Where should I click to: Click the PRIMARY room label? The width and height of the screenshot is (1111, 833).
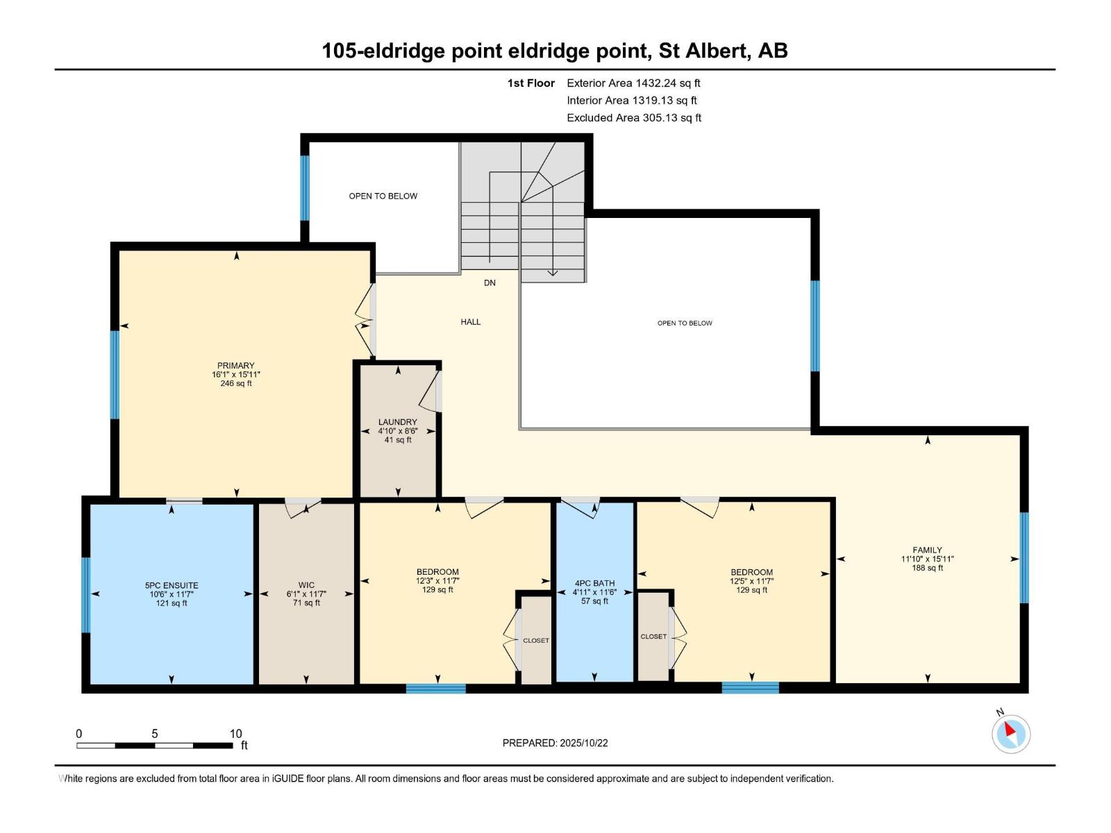point(236,365)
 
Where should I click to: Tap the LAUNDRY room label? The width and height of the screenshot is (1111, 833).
point(398,422)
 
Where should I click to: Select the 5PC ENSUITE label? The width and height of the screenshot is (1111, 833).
point(172,585)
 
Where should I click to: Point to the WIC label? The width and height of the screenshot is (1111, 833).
point(306,585)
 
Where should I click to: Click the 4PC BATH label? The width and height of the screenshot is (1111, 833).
point(594,584)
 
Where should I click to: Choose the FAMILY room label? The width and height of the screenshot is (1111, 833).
point(927,550)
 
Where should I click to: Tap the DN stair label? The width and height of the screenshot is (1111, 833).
point(490,283)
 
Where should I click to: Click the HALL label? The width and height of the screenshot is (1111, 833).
point(470,322)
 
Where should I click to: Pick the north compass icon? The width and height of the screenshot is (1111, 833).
point(1010,733)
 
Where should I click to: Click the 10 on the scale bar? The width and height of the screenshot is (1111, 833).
point(236,734)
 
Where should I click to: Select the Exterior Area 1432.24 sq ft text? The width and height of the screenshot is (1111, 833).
point(633,83)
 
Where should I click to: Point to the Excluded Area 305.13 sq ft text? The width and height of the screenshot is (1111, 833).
point(633,118)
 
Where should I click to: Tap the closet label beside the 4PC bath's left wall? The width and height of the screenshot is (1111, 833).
point(535,641)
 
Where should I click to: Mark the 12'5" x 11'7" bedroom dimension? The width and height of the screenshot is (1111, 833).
point(751,581)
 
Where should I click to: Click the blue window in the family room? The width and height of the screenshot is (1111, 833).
point(1024,557)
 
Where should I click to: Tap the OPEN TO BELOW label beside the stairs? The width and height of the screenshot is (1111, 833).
point(383,196)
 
